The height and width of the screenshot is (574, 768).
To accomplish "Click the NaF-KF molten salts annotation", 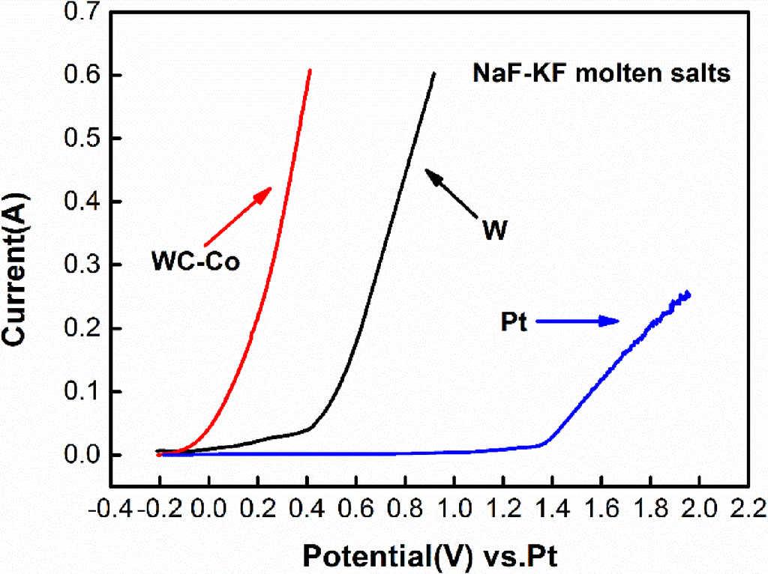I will [x=601, y=73].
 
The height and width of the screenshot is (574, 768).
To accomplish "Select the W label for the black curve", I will [x=494, y=231].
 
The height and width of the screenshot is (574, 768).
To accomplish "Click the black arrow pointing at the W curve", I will [x=452, y=193].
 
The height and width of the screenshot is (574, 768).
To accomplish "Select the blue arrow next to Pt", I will [x=580, y=321].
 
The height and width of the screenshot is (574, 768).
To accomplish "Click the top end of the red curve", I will [x=310, y=70].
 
